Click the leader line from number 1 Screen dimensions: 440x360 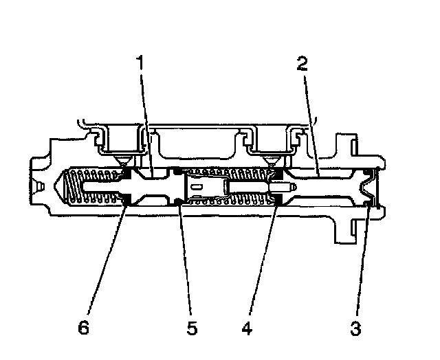click(x=144, y=117)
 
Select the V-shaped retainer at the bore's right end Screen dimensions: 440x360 click(x=372, y=187)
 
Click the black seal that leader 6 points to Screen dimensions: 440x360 click(x=126, y=200)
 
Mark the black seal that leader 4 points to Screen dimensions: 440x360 click(x=278, y=199)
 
